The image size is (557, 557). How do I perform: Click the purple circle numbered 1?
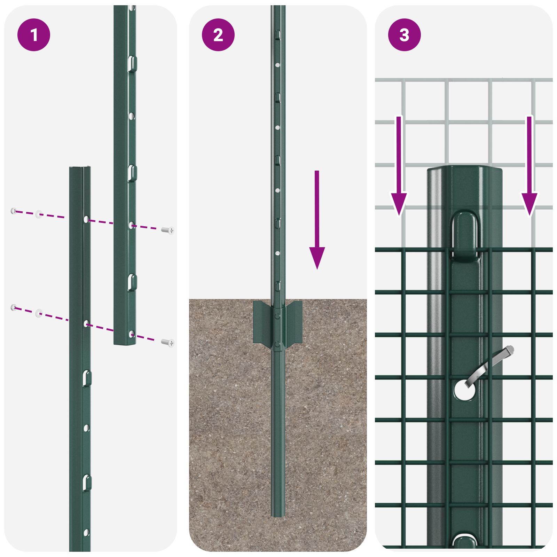(34, 35)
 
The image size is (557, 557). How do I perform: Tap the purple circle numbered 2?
(218, 35)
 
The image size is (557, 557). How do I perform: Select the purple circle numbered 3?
(404, 35)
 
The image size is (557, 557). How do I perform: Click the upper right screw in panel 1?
(168, 230)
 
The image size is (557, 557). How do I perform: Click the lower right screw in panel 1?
(168, 343)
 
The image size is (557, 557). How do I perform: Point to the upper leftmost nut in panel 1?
(14, 211)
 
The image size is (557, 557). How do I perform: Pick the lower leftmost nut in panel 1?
(14, 307)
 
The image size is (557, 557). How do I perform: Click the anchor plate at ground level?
(277, 322)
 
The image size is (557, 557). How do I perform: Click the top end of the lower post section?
(80, 169)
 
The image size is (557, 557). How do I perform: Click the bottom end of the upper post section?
(125, 343)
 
